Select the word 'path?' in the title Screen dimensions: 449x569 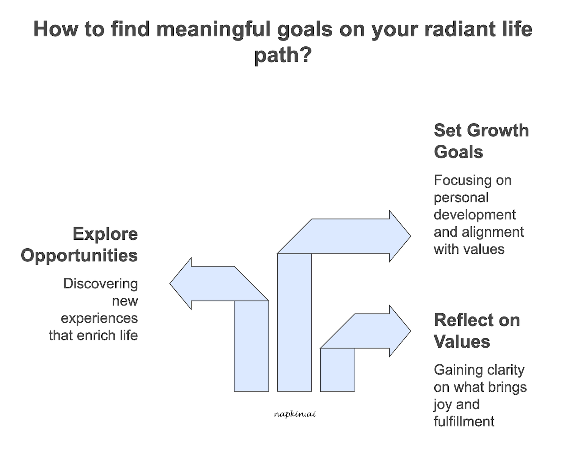pyautogui.click(x=283, y=55)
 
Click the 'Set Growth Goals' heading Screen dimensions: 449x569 pyautogui.click(x=481, y=141)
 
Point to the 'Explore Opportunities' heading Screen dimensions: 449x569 pyautogui.click(x=79, y=244)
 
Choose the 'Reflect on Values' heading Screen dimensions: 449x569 pyautogui.click(x=476, y=330)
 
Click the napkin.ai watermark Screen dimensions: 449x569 pyautogui.click(x=294, y=414)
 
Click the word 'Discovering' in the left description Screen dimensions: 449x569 pyautogui.click(x=101, y=284)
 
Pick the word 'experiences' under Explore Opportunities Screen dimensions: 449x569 pyautogui.click(x=99, y=318)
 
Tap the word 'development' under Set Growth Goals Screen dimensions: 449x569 pyautogui.click(x=475, y=215)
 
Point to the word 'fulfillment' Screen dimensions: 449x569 pyautogui.click(x=464, y=421)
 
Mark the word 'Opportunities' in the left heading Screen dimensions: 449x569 pyautogui.click(x=79, y=255)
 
